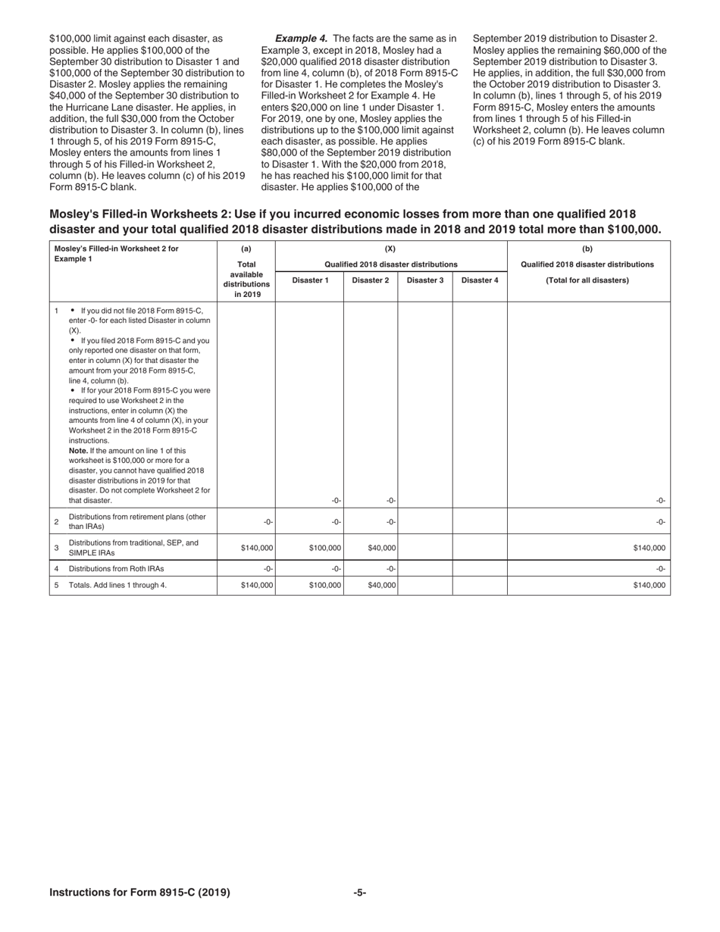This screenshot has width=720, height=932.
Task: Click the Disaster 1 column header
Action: pyautogui.click(x=310, y=280)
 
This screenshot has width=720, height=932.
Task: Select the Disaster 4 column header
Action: pyautogui.click(x=480, y=280)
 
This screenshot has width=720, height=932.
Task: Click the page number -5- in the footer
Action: pyautogui.click(x=360, y=893)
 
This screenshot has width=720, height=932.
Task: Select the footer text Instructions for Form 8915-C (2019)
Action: pyautogui.click(x=139, y=893)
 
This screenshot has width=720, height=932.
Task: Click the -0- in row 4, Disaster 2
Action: pyautogui.click(x=390, y=568)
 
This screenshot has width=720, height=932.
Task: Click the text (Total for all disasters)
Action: pyautogui.click(x=587, y=280)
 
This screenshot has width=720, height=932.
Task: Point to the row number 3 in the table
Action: pyautogui.click(x=56, y=548)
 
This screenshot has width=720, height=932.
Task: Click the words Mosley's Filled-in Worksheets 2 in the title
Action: pyautogui.click(x=136, y=214)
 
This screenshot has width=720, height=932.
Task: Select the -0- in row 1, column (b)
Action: pyautogui.click(x=660, y=500)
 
